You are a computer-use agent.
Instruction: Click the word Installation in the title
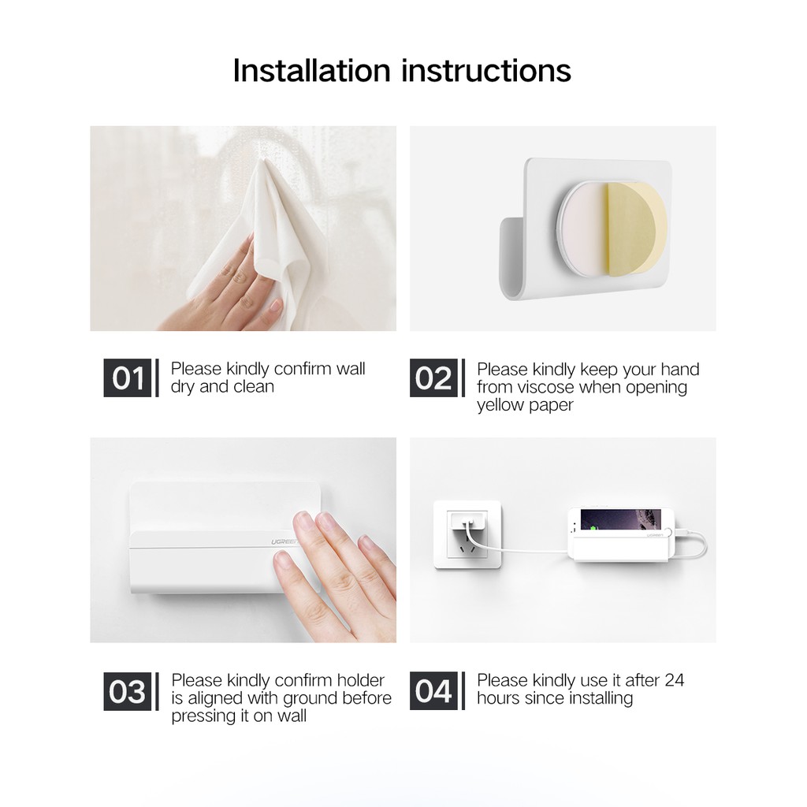(x=312, y=70)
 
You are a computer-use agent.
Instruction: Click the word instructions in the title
(x=486, y=70)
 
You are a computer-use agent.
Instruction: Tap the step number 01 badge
(x=128, y=377)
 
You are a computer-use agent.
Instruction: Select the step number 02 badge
(x=433, y=377)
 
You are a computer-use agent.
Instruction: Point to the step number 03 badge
(x=128, y=691)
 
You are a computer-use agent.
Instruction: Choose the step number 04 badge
(x=433, y=691)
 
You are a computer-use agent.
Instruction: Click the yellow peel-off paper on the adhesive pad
(x=636, y=232)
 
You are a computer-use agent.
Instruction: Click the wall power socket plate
(x=467, y=534)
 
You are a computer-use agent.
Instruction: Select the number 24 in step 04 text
(x=675, y=680)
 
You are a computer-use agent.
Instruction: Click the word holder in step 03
(x=360, y=680)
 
